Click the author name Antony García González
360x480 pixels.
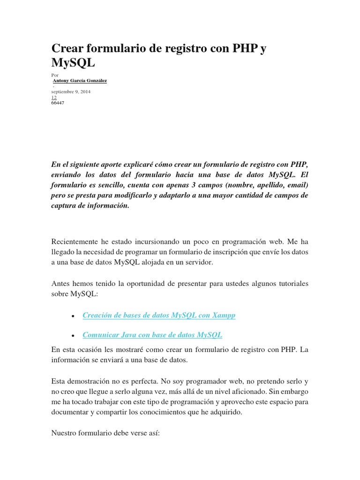coord(80,81)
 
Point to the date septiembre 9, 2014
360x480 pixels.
coord(71,92)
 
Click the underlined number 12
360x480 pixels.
coord(53,97)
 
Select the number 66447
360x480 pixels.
coord(58,103)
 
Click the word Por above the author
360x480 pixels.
coord(54,75)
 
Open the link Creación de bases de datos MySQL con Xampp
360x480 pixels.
coord(159,315)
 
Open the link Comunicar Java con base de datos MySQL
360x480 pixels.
coord(152,335)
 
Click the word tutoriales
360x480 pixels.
coord(291,284)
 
